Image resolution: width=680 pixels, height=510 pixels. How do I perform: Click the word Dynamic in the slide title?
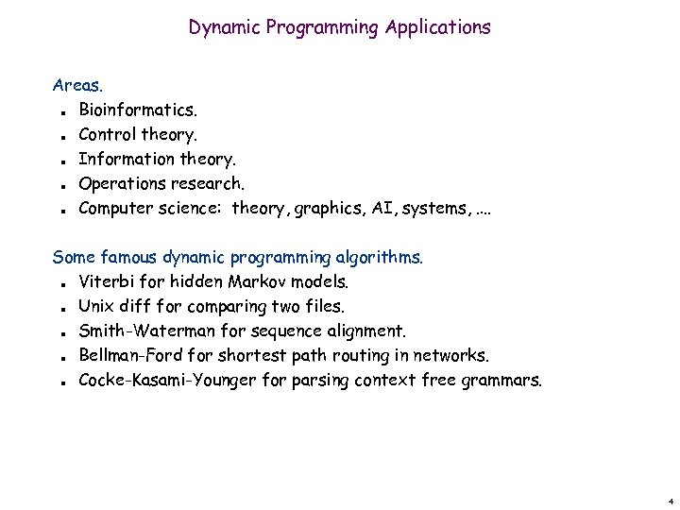click(x=219, y=28)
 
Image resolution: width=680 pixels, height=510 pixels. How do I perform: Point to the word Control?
click(x=108, y=134)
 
